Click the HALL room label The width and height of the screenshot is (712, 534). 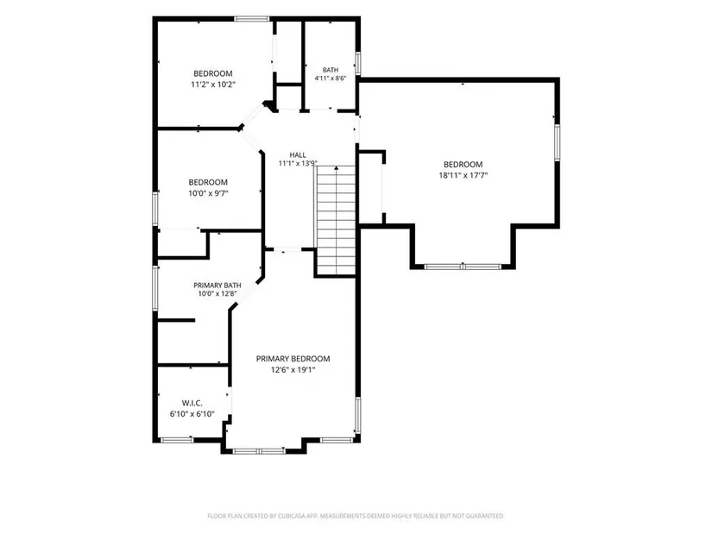(298, 154)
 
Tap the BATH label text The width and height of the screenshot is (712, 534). (331, 70)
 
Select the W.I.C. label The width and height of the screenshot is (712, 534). (192, 403)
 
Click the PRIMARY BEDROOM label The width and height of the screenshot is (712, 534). (293, 359)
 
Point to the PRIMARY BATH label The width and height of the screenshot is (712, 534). (217, 286)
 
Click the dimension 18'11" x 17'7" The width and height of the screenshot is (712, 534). (463, 175)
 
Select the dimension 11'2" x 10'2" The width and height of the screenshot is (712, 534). (213, 85)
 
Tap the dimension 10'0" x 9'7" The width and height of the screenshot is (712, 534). (209, 193)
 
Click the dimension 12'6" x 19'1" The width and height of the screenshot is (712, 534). (293, 369)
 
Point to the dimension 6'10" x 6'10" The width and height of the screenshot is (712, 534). (192, 414)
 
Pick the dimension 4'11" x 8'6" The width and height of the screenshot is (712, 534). (331, 79)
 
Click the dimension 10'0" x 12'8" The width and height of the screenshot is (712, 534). (217, 294)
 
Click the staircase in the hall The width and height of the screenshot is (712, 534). (336, 220)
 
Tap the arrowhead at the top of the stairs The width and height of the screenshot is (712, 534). (337, 168)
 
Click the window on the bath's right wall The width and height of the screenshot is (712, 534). (358, 63)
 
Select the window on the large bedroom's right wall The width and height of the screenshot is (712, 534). (558, 142)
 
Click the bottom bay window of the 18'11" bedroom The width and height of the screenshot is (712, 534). (463, 267)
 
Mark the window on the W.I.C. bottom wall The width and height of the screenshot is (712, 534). (177, 440)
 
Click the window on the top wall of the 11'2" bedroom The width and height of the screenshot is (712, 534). (252, 19)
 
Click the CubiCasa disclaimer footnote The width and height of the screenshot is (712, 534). (356, 516)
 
